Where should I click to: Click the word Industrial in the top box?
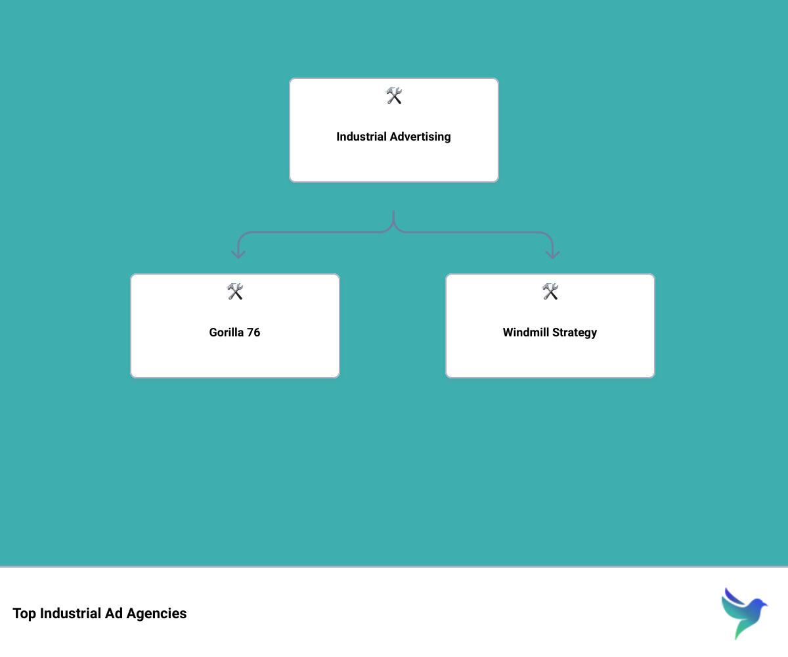point(361,136)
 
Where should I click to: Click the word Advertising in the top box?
point(420,137)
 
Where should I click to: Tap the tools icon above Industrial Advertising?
point(393,95)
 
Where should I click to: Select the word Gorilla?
point(227,332)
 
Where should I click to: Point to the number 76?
point(253,332)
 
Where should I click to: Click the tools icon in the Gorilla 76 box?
point(234,291)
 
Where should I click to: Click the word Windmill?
point(526,332)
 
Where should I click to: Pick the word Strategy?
point(575,332)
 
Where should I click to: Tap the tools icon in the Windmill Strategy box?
point(550,291)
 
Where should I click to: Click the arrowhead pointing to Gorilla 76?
point(238,255)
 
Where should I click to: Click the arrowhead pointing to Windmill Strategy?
point(552,255)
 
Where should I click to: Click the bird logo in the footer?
point(744,613)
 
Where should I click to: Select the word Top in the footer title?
point(24,614)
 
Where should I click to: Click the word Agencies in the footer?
point(157,614)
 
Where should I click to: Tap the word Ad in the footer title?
point(114,613)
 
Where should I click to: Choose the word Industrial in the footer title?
point(70,613)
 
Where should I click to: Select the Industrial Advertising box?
point(393,130)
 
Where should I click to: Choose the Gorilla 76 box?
point(234,325)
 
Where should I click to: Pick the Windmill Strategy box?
point(550,325)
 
